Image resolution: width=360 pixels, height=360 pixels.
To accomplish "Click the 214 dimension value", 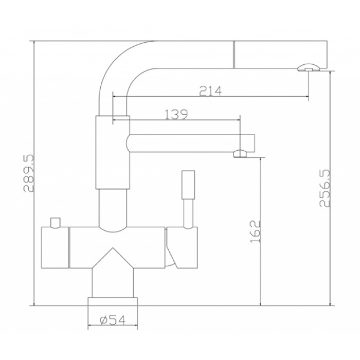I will click(210, 91).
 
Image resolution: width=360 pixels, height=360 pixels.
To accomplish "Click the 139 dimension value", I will click(176, 114).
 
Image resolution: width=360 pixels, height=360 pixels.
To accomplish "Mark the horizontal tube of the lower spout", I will click(185, 142).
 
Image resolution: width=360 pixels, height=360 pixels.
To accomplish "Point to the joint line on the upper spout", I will click(235, 54).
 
